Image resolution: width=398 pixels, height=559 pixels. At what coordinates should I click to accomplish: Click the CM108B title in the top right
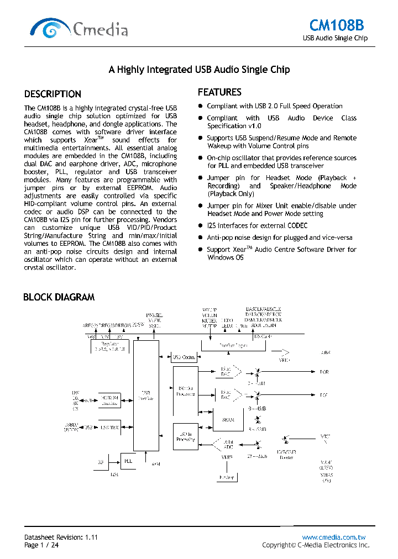point(337,25)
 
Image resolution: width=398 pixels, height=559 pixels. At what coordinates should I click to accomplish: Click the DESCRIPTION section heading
point(53,94)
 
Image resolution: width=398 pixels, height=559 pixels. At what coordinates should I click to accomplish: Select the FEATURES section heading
point(219,92)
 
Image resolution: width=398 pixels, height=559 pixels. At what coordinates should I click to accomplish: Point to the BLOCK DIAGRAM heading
point(59,297)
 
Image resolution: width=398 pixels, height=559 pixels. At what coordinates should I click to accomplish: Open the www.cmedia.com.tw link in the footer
point(334,537)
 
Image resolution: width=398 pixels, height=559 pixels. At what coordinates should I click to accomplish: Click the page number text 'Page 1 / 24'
point(41,545)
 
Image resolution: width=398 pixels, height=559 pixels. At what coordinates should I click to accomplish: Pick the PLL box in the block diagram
point(128,460)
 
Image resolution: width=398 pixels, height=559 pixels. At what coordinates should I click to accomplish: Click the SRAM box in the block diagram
point(228,419)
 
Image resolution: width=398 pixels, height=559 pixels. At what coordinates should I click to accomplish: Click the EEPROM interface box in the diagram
point(110,400)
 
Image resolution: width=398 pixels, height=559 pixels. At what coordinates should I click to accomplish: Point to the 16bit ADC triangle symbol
point(227,445)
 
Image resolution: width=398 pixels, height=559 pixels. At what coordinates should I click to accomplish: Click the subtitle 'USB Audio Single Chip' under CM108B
point(335,39)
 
